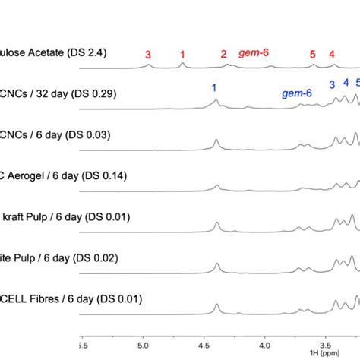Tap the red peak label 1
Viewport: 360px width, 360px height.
point(182,54)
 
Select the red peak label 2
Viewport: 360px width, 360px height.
point(223,54)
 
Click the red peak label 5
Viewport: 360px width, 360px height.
point(313,54)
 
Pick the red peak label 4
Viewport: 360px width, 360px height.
point(331,54)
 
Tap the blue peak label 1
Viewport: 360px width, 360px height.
point(214,87)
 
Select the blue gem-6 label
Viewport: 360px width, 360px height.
point(297,94)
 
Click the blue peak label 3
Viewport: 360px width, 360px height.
point(331,84)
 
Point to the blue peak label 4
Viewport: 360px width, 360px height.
point(346,83)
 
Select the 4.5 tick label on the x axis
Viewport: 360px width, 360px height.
point(204,344)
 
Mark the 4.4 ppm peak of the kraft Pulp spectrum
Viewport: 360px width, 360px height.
point(217,225)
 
